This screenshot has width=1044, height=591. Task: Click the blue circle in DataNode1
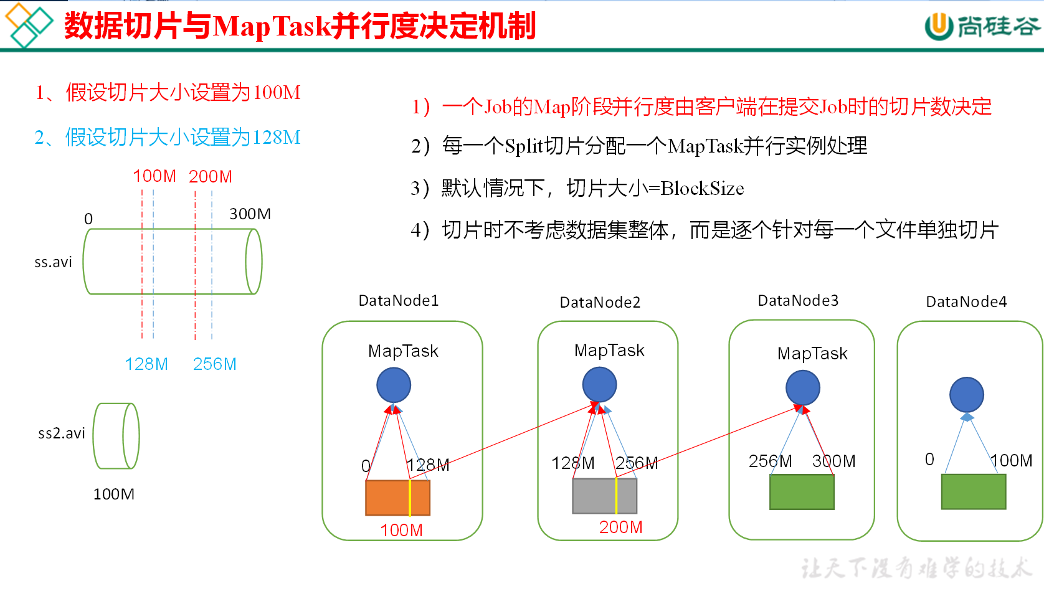(394, 385)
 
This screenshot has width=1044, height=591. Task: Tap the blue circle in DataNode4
(967, 394)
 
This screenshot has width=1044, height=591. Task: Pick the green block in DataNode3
(802, 492)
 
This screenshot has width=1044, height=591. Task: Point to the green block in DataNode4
(974, 492)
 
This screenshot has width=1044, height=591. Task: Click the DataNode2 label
(600, 303)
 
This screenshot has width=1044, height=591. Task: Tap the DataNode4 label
(966, 302)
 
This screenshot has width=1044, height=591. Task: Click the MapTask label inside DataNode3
(812, 354)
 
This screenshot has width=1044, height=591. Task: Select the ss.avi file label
(53, 262)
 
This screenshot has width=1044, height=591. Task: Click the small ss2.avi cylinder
(116, 436)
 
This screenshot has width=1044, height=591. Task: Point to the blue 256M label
(214, 364)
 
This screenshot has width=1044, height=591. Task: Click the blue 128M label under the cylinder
(146, 364)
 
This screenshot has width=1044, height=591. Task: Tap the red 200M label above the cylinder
(211, 177)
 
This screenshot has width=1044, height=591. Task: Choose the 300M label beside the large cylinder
(250, 214)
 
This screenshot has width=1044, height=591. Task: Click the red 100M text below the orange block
(401, 531)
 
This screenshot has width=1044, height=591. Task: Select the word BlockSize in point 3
(702, 189)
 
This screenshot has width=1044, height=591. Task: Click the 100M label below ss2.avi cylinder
(114, 494)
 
